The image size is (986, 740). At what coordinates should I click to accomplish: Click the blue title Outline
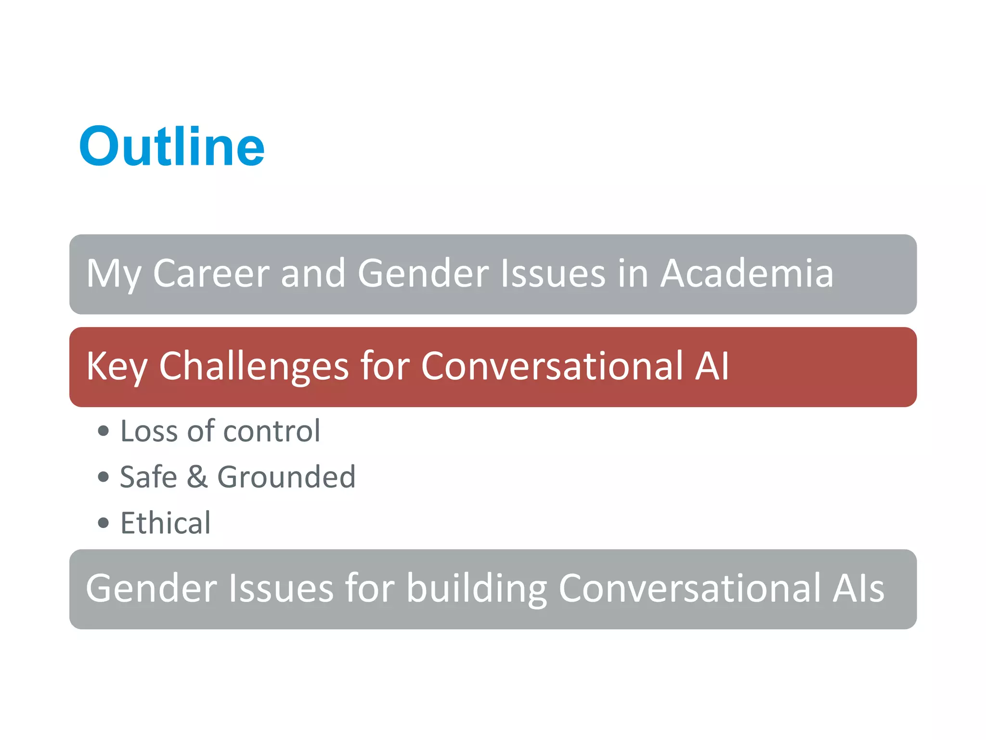point(172,146)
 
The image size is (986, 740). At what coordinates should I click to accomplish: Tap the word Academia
point(747,273)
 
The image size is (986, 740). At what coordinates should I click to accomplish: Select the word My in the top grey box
point(114,273)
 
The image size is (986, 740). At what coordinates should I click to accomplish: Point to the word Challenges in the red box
point(254,366)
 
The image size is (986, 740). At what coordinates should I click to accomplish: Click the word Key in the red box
point(117,366)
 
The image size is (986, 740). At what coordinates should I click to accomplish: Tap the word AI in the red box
point(712,366)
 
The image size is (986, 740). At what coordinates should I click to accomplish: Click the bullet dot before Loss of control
point(103,431)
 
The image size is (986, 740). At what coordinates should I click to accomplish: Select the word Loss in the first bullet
point(149,431)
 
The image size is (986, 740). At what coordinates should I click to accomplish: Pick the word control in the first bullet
point(272,431)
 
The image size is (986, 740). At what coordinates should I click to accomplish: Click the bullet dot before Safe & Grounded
point(103,477)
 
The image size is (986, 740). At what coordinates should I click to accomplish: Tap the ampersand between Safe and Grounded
point(197,477)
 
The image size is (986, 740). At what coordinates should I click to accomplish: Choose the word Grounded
point(286,477)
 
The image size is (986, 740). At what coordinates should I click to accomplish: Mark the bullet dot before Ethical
point(103,523)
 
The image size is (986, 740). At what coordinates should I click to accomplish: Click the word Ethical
point(166,523)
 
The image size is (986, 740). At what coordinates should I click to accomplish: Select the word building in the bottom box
point(477,588)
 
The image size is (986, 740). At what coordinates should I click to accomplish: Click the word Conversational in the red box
point(552,366)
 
